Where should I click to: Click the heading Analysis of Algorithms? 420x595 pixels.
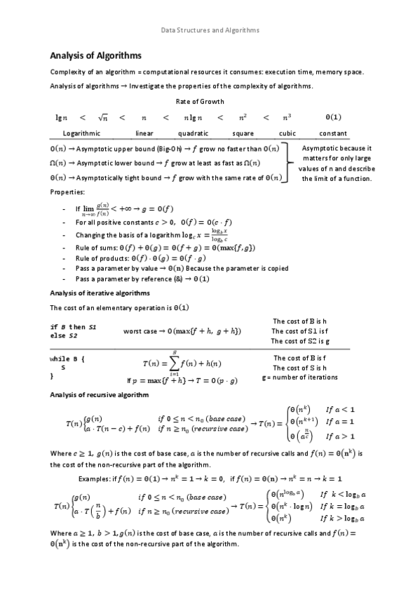tap(95, 55)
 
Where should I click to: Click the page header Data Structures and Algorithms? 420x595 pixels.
tap(210, 30)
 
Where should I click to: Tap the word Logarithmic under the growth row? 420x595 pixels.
tap(81, 133)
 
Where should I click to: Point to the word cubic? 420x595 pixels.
tap(287, 133)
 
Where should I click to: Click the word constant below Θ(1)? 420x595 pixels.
tap(333, 133)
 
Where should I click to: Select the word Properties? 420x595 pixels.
tap(67, 191)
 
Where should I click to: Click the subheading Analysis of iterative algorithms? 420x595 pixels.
tap(99, 293)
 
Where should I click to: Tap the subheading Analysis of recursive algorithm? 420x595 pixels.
tap(99, 395)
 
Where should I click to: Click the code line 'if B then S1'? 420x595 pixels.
tap(74, 327)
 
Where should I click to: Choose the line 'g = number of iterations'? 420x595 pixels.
tap(299, 377)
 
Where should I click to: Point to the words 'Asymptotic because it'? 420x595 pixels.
tap(336, 148)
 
